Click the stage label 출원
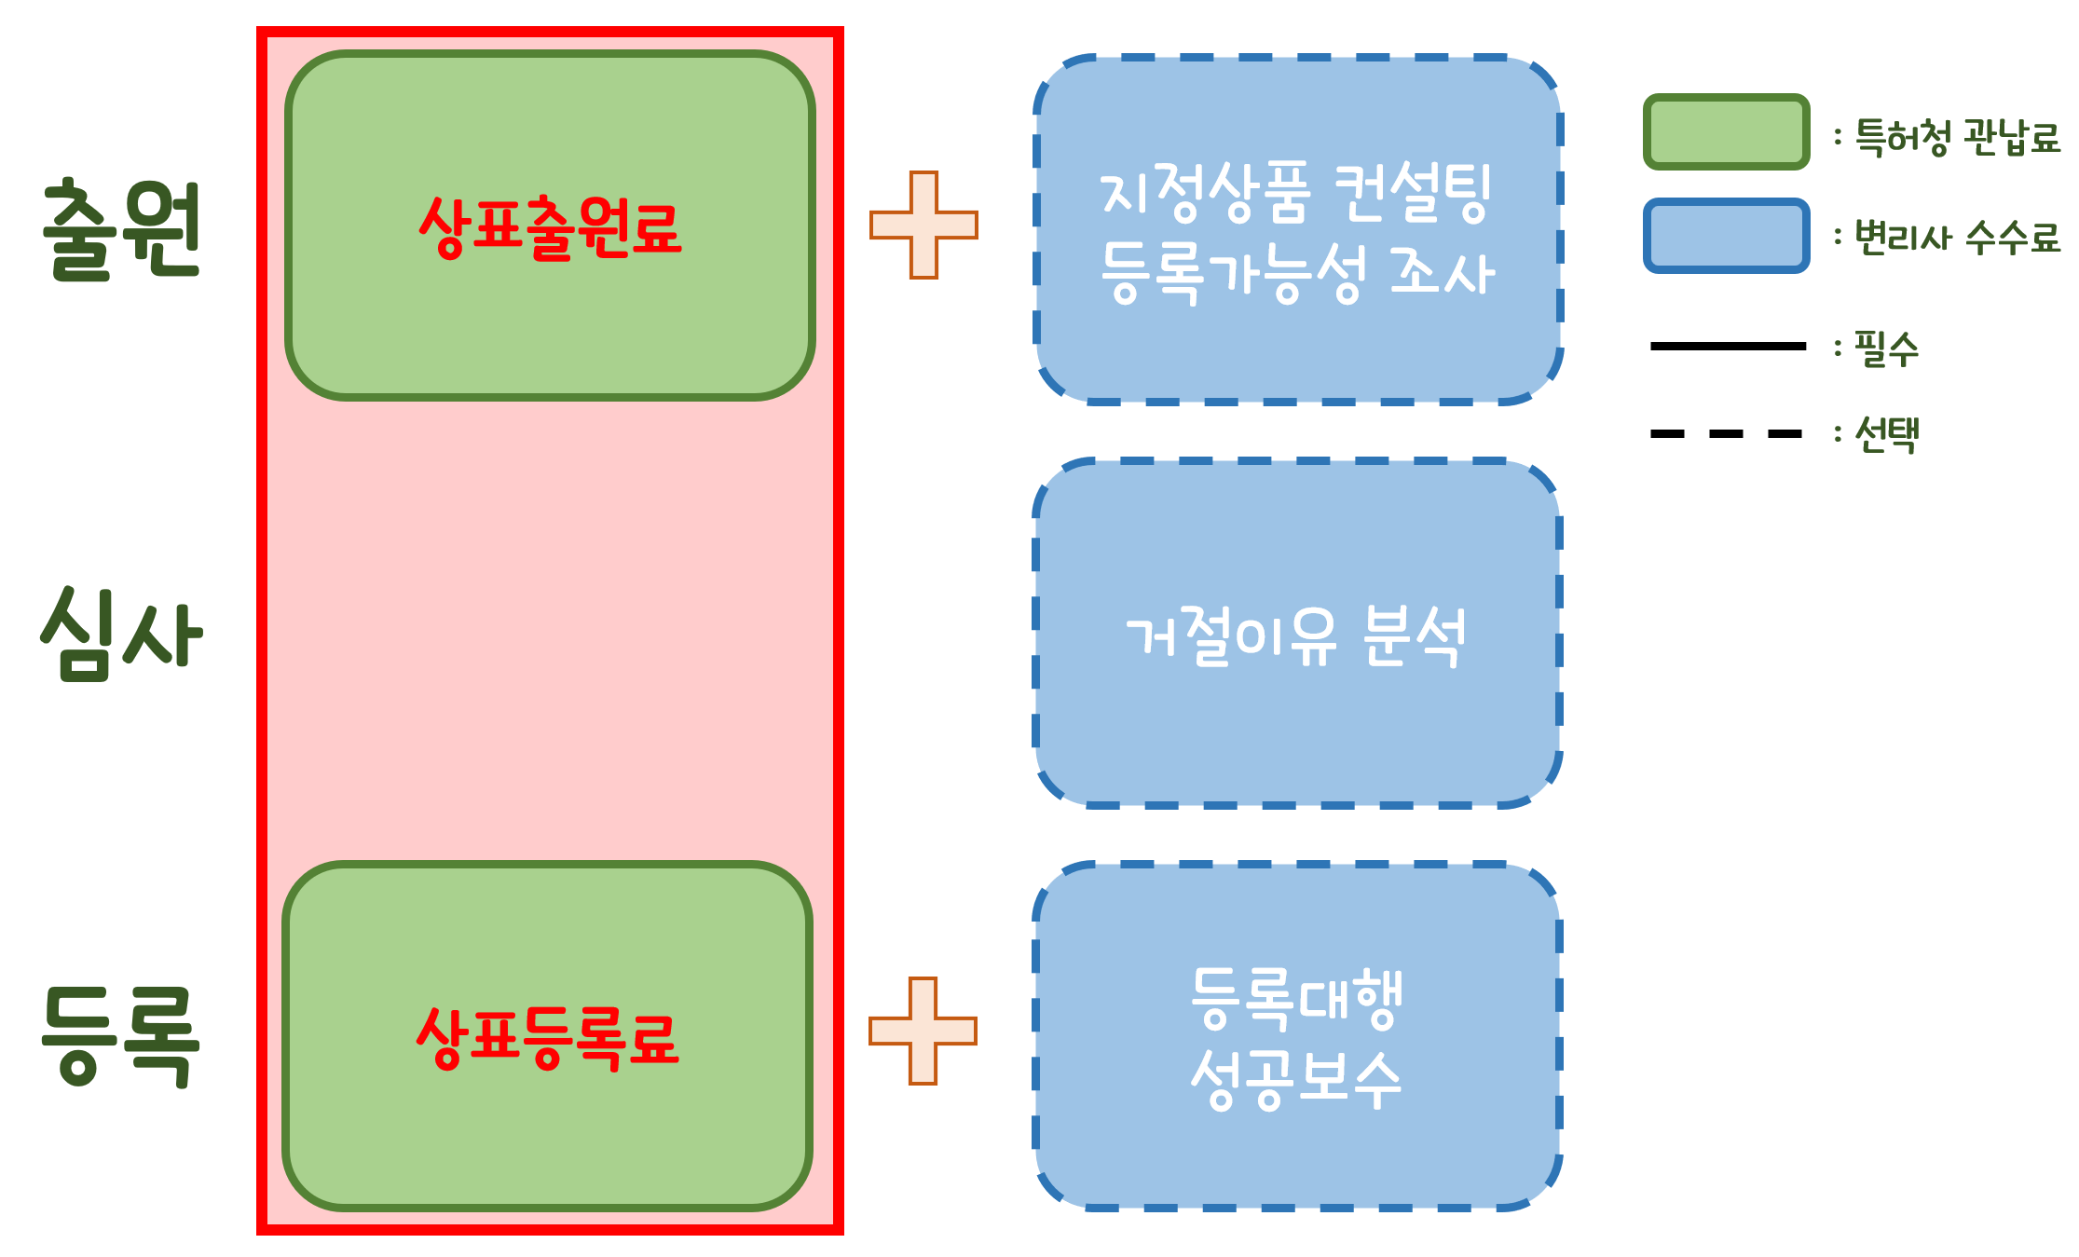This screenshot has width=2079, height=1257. pos(122,229)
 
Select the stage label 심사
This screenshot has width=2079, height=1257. pos(122,634)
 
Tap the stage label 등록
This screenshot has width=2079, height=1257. pos(122,1036)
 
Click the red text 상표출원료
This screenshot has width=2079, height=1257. pos(550,227)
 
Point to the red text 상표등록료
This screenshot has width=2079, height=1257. pos(548,1037)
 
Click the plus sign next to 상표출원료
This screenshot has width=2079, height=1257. pos(923,225)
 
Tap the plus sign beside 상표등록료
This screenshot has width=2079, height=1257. pos(923,1031)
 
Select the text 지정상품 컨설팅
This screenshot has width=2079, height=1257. pos(1296,192)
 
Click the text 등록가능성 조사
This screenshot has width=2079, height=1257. pos(1298,274)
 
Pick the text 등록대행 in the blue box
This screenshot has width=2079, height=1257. pos(1296,997)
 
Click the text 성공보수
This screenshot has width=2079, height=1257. pos(1296,1079)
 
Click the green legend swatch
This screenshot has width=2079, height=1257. pos(1726,132)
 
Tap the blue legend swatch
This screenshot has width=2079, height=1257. pos(1726,236)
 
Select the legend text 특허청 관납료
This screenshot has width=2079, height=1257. pos(1957,138)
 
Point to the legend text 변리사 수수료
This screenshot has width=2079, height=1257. pos(1957,238)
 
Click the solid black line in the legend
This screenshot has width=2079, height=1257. pos(1728,346)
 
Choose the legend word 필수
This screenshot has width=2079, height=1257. pos(1886,349)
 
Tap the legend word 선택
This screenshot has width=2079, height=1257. pos(1886,434)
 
